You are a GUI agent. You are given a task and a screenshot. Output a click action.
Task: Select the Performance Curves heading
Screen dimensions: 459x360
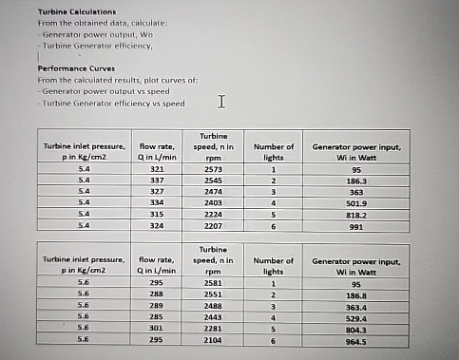pyautogui.click(x=73, y=68)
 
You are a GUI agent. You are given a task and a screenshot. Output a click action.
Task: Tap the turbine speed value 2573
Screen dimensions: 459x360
pyautogui.click(x=215, y=167)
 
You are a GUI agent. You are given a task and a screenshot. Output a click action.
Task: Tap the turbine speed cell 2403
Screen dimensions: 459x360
pyautogui.click(x=215, y=202)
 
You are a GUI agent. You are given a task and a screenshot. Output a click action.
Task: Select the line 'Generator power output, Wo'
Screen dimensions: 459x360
pyautogui.click(x=87, y=31)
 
